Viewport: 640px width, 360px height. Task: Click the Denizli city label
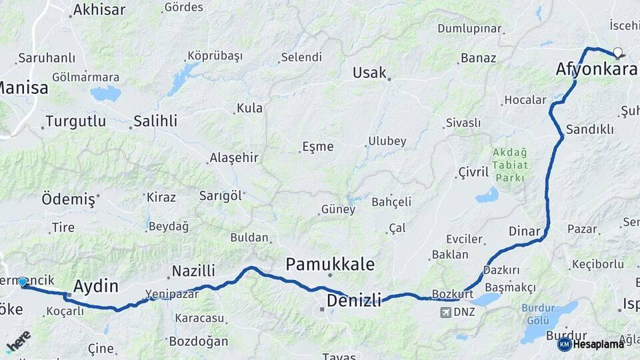pyautogui.click(x=354, y=301)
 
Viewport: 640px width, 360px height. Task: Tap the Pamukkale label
pyautogui.click(x=330, y=264)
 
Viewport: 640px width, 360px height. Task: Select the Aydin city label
pyautogui.click(x=95, y=287)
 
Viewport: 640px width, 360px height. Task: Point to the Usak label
pyautogui.click(x=369, y=73)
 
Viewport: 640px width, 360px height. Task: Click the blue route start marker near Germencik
pyautogui.click(x=23, y=283)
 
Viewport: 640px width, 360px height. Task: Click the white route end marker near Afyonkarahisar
pyautogui.click(x=617, y=53)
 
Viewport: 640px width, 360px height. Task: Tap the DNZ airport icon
pyautogui.click(x=445, y=312)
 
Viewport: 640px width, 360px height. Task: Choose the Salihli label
pyautogui.click(x=155, y=121)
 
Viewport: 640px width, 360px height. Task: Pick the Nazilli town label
pyautogui.click(x=193, y=271)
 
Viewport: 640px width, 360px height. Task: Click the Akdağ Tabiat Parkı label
pyautogui.click(x=509, y=165)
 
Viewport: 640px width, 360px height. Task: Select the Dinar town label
pyautogui.click(x=524, y=231)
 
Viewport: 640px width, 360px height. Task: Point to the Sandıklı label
pyautogui.click(x=589, y=129)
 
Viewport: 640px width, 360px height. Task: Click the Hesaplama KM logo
pyautogui.click(x=591, y=344)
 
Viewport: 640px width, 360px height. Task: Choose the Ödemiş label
pyautogui.click(x=69, y=199)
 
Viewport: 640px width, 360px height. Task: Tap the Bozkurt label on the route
pyautogui.click(x=453, y=294)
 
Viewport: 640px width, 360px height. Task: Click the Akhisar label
pyautogui.click(x=99, y=9)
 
